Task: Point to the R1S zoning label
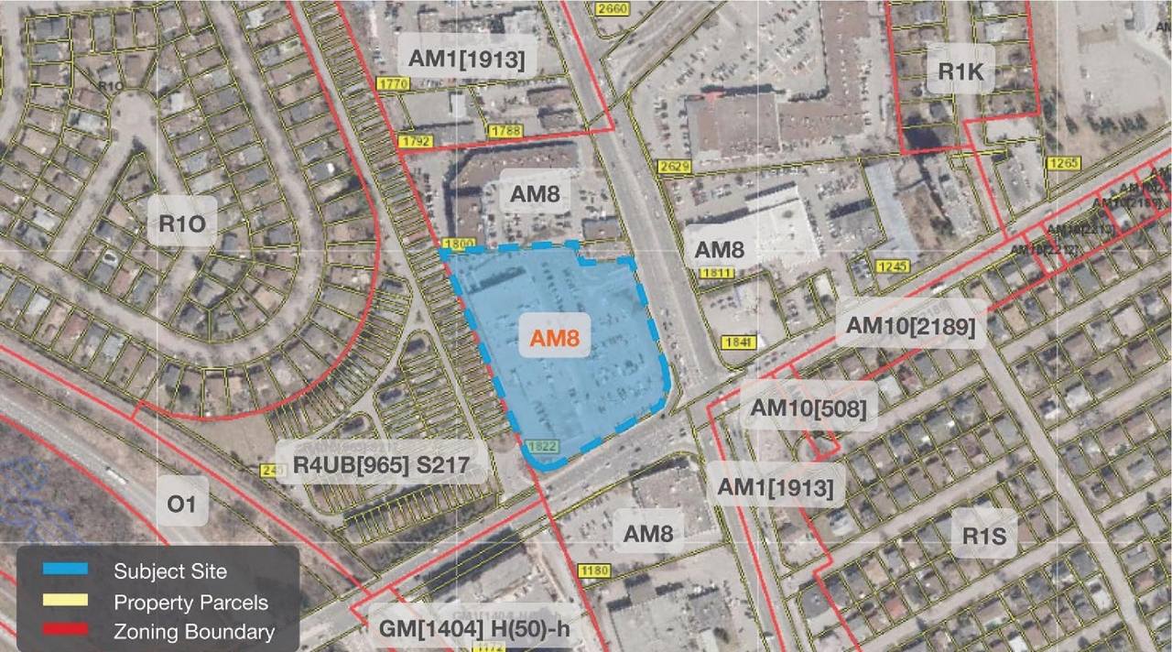(x=984, y=536)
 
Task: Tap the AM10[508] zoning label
(x=808, y=409)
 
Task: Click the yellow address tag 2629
(x=673, y=166)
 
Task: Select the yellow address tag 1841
(x=738, y=342)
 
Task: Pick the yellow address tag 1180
(x=594, y=571)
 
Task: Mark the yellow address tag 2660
(x=611, y=9)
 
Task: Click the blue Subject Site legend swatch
(x=65, y=570)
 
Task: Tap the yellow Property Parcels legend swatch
(x=65, y=602)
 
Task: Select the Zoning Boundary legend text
(x=193, y=631)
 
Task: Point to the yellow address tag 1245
(x=890, y=266)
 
